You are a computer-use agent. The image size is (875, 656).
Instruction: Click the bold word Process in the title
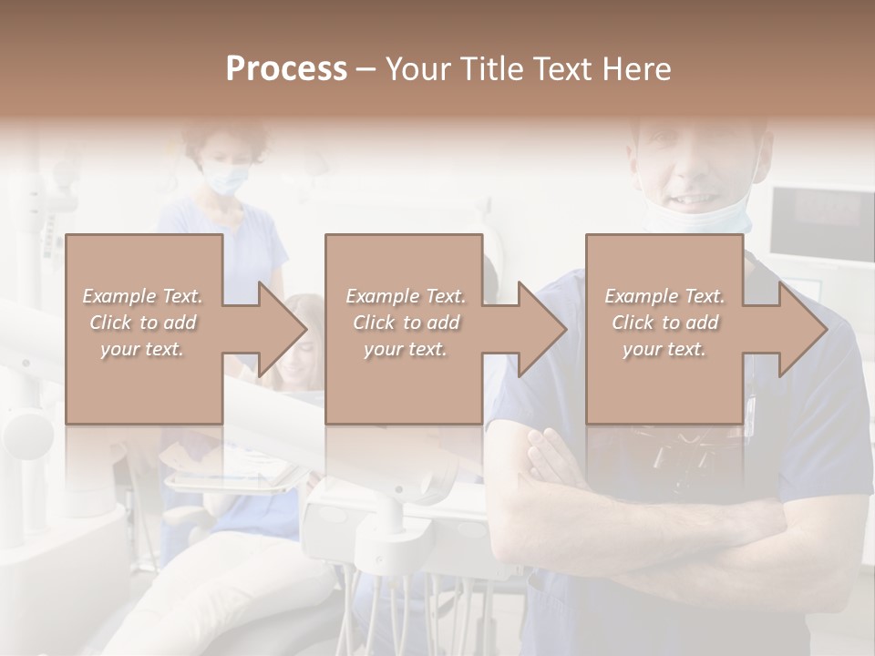click(x=286, y=68)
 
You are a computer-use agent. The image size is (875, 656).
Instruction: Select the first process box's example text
click(x=143, y=323)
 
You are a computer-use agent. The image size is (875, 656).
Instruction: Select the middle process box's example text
click(x=406, y=323)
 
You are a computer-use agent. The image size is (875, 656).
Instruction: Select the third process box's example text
click(x=664, y=323)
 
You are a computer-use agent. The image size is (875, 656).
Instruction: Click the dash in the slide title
click(x=367, y=68)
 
